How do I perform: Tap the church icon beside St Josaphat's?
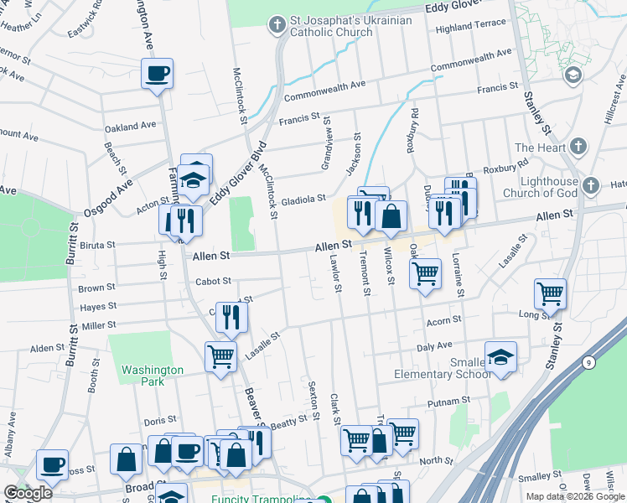[277, 25]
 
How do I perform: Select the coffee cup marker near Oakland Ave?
[157, 74]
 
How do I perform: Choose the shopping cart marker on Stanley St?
[551, 293]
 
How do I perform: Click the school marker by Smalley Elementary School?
[500, 357]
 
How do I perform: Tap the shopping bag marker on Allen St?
[391, 216]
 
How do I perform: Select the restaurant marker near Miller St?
[232, 316]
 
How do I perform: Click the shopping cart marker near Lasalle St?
[220, 356]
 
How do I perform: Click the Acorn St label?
[443, 320]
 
